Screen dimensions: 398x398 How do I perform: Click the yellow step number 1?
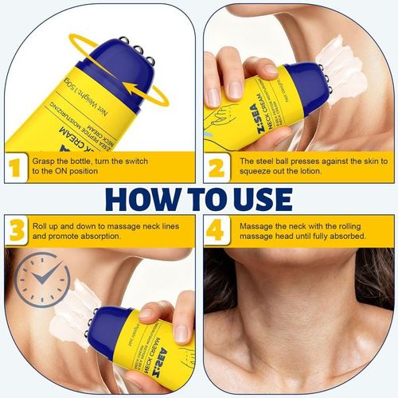[x=13, y=169]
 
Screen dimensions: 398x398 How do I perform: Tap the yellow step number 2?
[x=217, y=169]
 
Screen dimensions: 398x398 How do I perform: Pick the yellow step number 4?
[x=217, y=231]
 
